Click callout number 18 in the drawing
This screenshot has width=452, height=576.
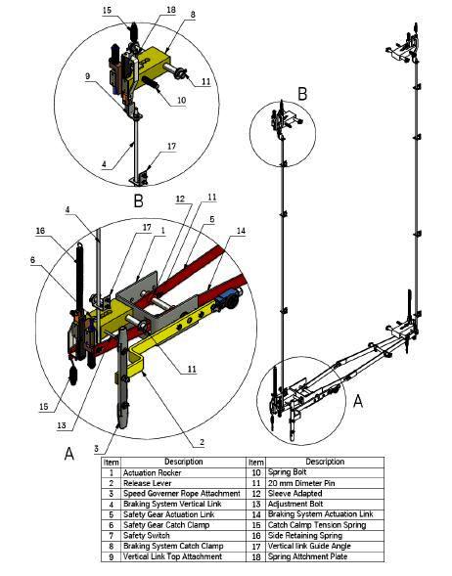pyautogui.click(x=170, y=10)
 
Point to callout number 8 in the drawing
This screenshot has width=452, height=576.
pyautogui.click(x=192, y=16)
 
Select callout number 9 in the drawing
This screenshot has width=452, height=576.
pyautogui.click(x=87, y=75)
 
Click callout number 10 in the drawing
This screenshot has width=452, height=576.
pyautogui.click(x=181, y=101)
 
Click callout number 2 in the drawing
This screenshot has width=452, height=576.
pyautogui.click(x=201, y=441)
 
